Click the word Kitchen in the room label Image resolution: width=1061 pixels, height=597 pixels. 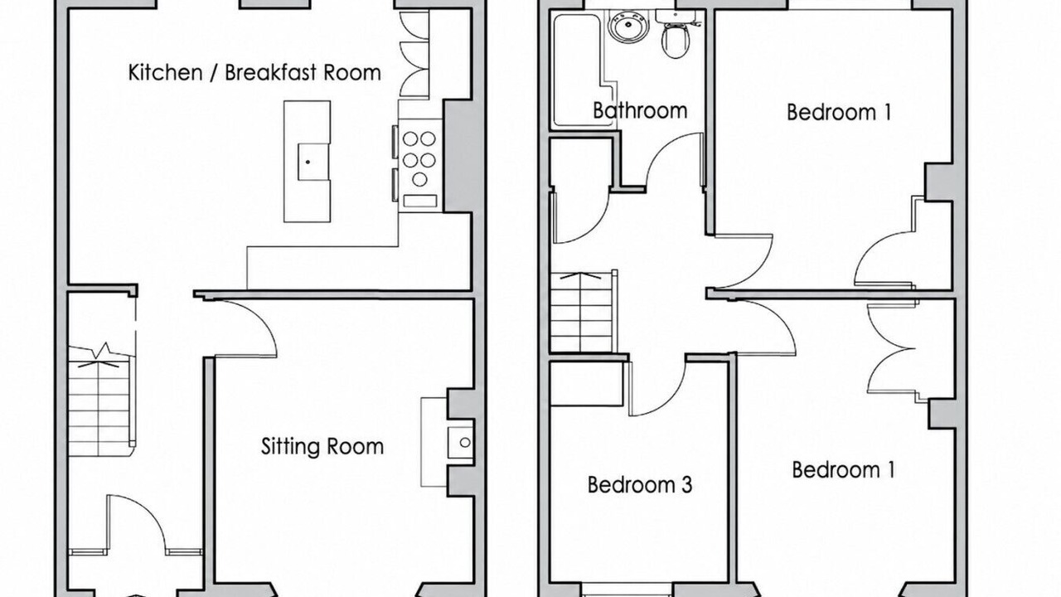tap(165, 72)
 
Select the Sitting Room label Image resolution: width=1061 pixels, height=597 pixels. tap(322, 447)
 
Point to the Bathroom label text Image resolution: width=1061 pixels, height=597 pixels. tap(640, 110)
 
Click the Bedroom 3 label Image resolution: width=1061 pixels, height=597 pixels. tap(640, 485)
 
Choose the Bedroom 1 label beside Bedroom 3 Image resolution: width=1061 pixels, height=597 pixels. tap(844, 470)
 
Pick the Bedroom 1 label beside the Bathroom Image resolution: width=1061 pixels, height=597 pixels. tap(839, 112)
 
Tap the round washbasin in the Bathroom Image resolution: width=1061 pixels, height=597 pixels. tap(628, 26)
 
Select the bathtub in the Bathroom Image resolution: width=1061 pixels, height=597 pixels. tap(584, 71)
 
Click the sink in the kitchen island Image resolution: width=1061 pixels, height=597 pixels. tap(312, 162)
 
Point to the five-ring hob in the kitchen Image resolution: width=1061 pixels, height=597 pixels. tap(419, 158)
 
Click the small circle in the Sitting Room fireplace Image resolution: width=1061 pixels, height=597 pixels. tap(465, 443)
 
